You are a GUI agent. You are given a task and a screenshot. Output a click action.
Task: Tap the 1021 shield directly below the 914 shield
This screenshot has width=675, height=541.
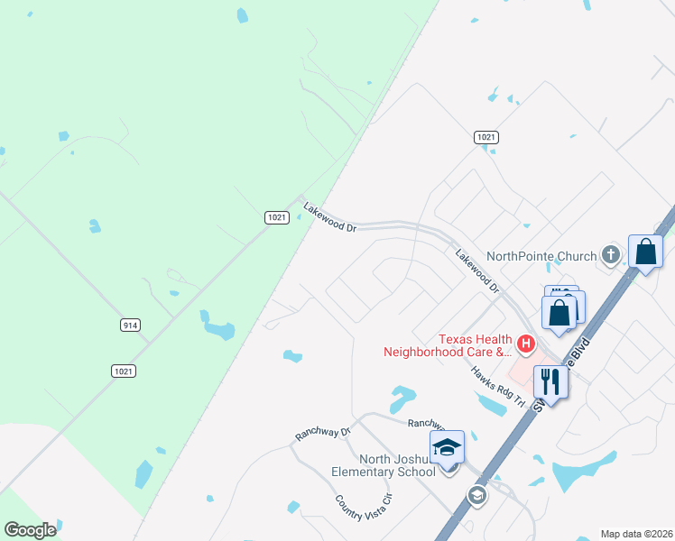(124, 371)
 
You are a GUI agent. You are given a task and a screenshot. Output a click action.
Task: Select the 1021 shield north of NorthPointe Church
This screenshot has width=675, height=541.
(486, 137)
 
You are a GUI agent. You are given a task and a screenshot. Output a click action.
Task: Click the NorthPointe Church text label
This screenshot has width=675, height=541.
(541, 256)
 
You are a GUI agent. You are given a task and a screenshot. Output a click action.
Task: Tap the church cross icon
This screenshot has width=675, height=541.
(611, 254)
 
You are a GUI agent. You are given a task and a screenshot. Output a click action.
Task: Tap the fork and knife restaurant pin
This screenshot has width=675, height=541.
(550, 381)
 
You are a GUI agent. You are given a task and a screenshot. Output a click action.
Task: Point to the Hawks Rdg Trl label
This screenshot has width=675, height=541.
(496, 386)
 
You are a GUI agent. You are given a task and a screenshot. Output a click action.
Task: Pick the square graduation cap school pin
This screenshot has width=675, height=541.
(447, 446)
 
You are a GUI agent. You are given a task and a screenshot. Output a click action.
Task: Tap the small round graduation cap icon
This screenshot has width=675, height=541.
(476, 494)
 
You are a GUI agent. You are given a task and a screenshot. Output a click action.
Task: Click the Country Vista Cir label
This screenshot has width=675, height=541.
(364, 507)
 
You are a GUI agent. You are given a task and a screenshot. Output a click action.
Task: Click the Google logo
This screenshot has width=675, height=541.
(30, 529)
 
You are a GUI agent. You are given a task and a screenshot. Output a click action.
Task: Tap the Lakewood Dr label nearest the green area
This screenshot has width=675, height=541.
(329, 216)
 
